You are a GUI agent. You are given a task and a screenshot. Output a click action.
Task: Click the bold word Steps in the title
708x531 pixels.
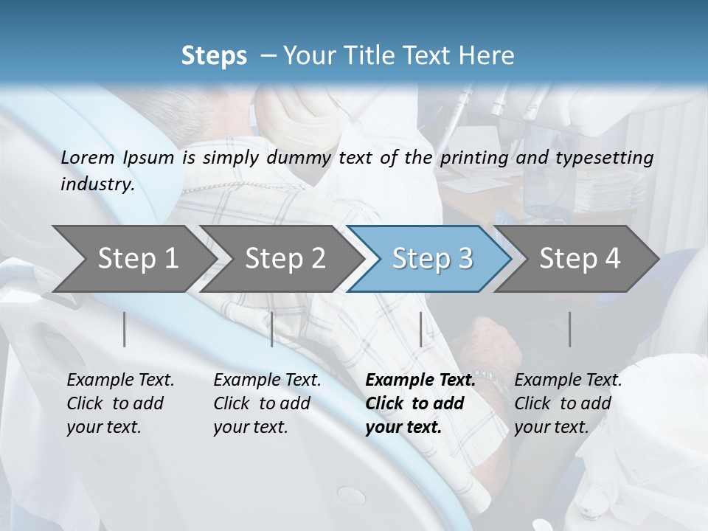pyautogui.click(x=214, y=56)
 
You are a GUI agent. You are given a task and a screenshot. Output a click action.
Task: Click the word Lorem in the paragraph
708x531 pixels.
pyautogui.click(x=88, y=157)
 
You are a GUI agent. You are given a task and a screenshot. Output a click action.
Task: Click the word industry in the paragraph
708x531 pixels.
pyautogui.click(x=97, y=184)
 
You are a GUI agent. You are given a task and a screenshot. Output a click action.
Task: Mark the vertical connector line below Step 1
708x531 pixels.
pyautogui.click(x=125, y=329)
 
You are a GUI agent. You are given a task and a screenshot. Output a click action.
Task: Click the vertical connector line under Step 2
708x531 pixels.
pyautogui.click(x=272, y=329)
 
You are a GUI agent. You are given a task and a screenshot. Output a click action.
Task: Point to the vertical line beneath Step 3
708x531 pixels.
pyautogui.click(x=420, y=329)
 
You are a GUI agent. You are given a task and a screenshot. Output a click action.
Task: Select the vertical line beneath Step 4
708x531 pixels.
pyautogui.click(x=570, y=329)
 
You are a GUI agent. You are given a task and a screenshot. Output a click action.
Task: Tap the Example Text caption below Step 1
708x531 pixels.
pyautogui.click(x=120, y=381)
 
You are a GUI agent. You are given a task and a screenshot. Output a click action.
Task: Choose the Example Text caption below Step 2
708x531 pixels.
pyautogui.click(x=267, y=381)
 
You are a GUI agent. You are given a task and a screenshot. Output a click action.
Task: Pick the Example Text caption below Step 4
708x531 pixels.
pyautogui.click(x=568, y=381)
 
